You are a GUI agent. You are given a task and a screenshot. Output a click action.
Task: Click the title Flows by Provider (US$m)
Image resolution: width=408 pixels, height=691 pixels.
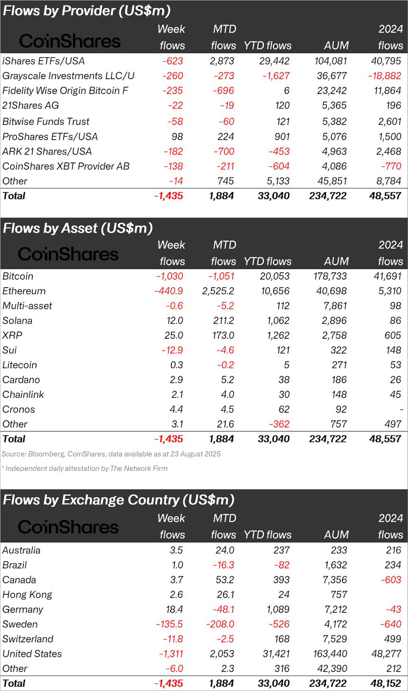pos(87,10)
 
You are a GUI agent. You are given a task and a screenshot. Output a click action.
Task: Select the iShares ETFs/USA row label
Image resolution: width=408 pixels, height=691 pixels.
pos(43,61)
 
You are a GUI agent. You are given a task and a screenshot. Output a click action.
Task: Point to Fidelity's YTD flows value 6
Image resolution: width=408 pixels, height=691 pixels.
pos(286,91)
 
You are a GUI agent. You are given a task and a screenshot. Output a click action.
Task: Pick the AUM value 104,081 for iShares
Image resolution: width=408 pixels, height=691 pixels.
pos(330,61)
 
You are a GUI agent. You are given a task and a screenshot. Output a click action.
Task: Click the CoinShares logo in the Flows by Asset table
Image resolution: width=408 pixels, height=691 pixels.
pos(68,254)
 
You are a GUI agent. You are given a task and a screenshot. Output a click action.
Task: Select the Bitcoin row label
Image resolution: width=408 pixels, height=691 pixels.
pos(18,276)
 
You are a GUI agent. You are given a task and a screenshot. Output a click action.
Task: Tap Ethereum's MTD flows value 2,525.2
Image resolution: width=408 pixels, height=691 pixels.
pos(218,291)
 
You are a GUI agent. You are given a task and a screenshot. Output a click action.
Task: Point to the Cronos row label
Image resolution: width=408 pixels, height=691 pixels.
pos(19,409)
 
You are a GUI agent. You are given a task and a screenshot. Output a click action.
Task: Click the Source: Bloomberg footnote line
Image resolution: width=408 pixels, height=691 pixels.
pos(111,454)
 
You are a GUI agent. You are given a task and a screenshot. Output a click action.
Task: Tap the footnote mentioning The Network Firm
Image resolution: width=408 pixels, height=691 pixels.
pos(84,468)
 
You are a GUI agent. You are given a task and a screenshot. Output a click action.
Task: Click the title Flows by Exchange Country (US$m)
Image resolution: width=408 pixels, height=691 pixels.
pos(119,500)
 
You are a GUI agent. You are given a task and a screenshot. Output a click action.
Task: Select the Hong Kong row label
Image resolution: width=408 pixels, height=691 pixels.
pos(27,595)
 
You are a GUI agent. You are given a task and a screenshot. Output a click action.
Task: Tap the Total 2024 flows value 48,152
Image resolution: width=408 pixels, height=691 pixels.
pos(385,683)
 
